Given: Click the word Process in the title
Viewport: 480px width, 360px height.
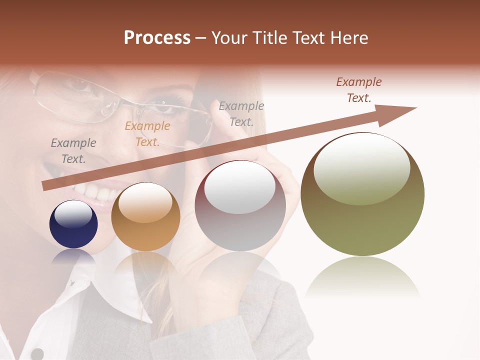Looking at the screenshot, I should [x=157, y=38].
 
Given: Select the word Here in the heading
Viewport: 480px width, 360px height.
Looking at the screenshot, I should [x=348, y=38].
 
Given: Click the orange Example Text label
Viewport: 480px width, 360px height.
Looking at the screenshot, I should [x=147, y=134].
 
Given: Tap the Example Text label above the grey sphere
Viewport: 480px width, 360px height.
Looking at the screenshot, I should [x=241, y=114].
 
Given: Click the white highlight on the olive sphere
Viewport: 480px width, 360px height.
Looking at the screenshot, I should [x=361, y=169].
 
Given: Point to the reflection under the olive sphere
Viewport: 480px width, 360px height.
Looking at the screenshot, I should [x=362, y=277].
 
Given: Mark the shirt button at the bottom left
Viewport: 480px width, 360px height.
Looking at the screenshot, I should [x=37, y=353].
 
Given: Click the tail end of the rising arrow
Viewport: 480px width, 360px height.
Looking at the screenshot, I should [x=46, y=186].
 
